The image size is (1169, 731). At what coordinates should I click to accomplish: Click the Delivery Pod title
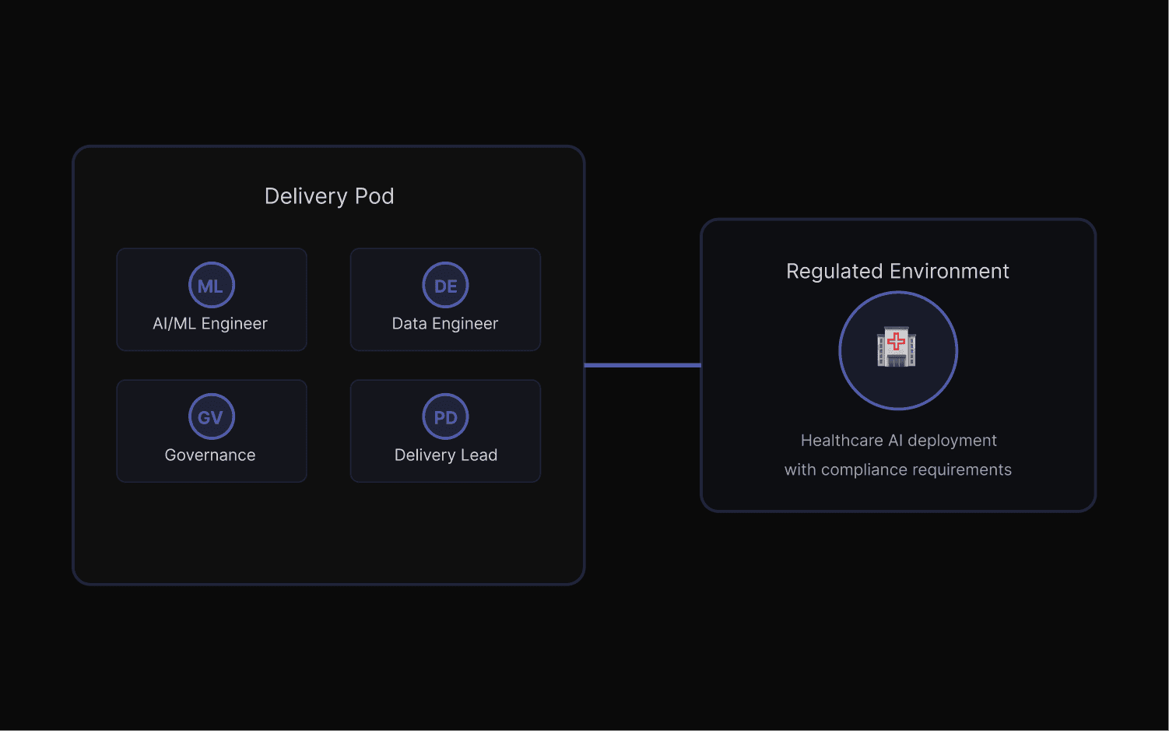point(329,196)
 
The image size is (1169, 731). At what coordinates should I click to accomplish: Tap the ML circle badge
point(211,286)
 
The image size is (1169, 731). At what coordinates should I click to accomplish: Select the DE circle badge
point(445,286)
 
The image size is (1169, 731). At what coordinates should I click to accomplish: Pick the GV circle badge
point(211,417)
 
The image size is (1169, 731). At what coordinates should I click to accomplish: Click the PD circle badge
point(445,417)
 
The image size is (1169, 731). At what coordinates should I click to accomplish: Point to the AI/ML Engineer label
point(210,324)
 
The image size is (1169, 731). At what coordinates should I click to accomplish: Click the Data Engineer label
point(445,324)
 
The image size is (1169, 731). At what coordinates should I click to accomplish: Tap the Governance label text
point(210,455)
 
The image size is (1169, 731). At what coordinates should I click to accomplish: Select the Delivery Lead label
point(446,455)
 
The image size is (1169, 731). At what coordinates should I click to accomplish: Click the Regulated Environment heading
point(897,271)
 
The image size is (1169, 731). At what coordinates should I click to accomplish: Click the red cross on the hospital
point(897,341)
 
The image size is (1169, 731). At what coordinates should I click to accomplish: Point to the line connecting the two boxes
point(643,365)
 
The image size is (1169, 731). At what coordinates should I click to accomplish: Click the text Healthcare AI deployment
point(898,441)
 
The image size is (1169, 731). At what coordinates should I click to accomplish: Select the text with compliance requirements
point(898,470)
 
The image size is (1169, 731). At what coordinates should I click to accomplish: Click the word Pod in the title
point(374,196)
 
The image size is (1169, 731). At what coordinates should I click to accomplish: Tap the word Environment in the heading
point(950,271)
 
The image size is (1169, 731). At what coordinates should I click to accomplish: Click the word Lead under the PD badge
point(479,455)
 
